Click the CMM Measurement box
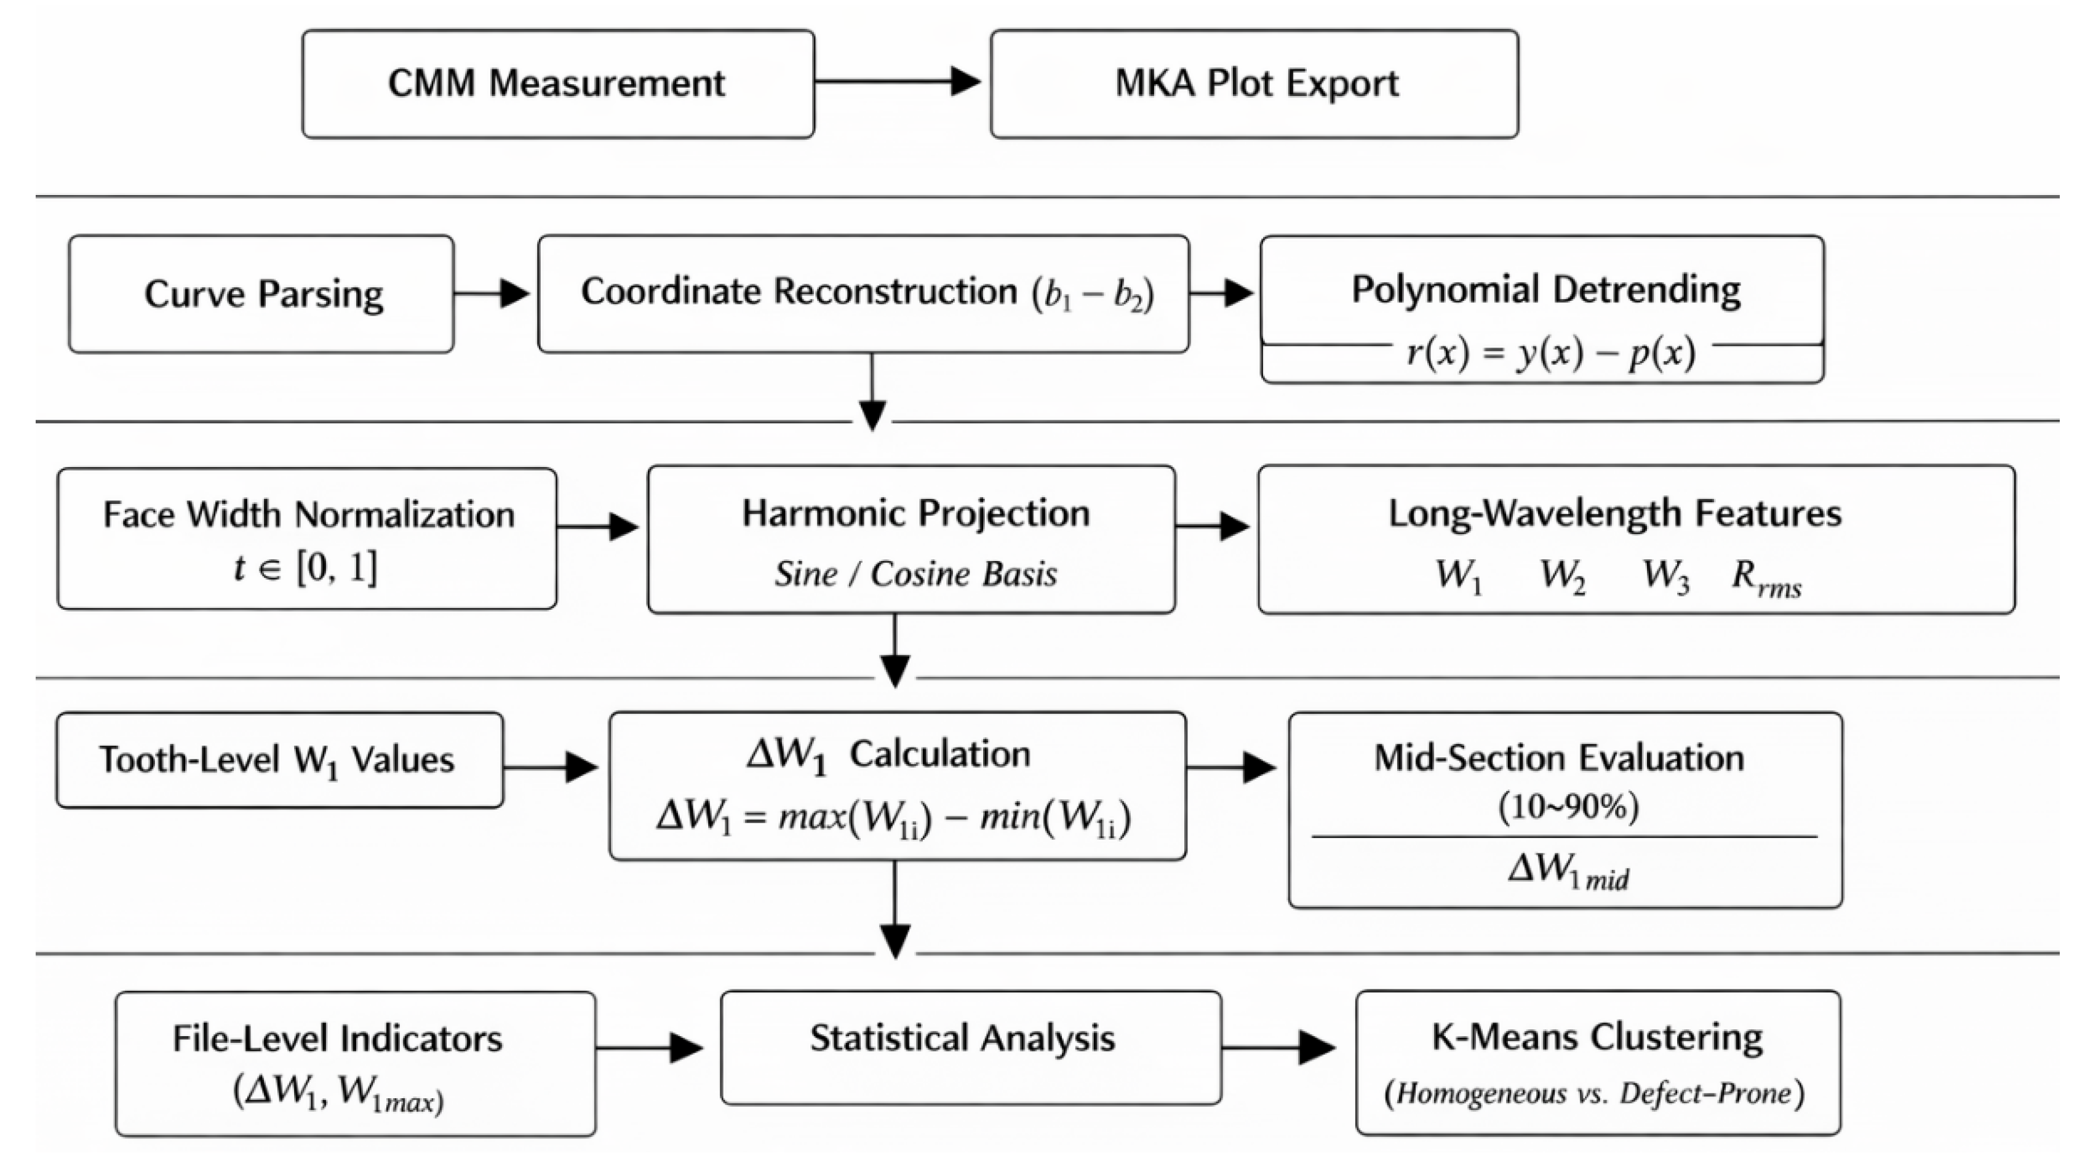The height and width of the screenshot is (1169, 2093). coord(557,84)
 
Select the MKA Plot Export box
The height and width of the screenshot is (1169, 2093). coord(1254,84)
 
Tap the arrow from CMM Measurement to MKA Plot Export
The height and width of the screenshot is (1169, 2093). coord(898,81)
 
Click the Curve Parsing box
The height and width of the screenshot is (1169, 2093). coord(261,294)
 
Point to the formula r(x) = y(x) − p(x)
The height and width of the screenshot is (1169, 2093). coord(1551,353)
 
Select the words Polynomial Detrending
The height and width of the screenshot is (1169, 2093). coord(1545,290)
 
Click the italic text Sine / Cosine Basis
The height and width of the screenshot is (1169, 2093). coord(915,574)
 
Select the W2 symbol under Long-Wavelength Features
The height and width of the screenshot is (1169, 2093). coord(1561,576)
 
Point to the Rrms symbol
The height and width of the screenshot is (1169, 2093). coord(1766,578)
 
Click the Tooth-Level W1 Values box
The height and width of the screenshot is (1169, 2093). coord(279,760)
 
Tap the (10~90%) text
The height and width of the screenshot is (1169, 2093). coord(1568,807)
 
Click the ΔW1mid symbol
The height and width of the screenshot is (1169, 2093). coord(1568,872)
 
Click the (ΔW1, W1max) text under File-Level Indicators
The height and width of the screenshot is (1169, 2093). coord(339,1093)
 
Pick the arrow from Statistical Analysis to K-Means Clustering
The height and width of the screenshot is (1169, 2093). coord(1278,1047)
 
